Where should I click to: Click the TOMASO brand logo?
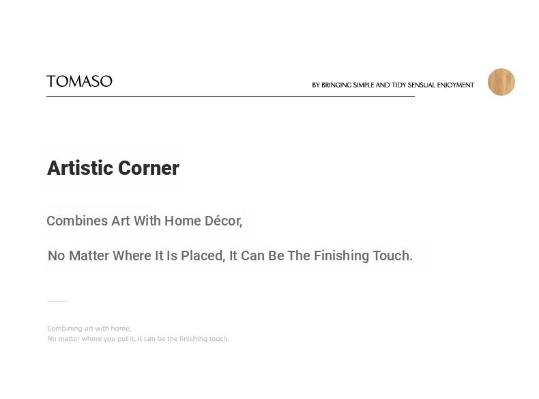point(79,81)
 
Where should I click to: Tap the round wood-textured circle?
point(501,82)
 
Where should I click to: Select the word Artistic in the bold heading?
point(81,168)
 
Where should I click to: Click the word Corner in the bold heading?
point(149,168)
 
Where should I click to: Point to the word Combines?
point(77,221)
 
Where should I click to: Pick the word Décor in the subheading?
point(223,221)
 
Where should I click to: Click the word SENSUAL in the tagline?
point(422,85)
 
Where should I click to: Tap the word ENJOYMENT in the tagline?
point(456,85)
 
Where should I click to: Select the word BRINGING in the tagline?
point(336,85)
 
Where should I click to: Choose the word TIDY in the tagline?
point(398,85)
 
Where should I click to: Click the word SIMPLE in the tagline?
point(364,85)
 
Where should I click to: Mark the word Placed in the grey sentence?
point(203,256)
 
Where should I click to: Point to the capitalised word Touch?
point(392,256)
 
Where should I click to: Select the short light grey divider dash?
point(57,301)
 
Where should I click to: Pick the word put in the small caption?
point(123,339)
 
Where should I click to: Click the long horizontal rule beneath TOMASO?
point(231,97)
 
